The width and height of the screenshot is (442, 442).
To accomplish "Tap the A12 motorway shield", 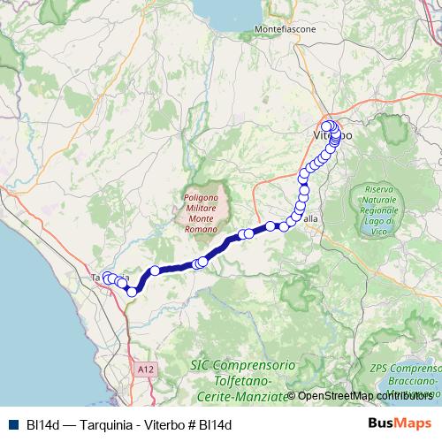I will pyautogui.click(x=146, y=367).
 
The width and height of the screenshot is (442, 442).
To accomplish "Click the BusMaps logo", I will pyautogui.click(x=399, y=423).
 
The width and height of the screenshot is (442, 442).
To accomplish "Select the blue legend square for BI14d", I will pyautogui.click(x=12, y=424).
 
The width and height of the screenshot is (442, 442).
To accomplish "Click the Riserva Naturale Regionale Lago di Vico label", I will pyautogui.click(x=377, y=210).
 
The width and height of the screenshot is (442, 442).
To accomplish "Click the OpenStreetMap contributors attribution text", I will pyautogui.click(x=363, y=395).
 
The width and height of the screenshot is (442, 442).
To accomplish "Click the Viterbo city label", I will pyautogui.click(x=332, y=136).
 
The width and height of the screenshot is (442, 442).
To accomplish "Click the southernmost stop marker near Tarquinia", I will pyautogui.click(x=132, y=291).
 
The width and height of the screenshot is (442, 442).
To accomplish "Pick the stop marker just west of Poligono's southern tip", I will pyautogui.click(x=202, y=262).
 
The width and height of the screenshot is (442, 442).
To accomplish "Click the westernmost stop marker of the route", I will pyautogui.click(x=106, y=277).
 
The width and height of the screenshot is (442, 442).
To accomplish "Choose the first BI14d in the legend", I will pyautogui.click(x=43, y=424).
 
